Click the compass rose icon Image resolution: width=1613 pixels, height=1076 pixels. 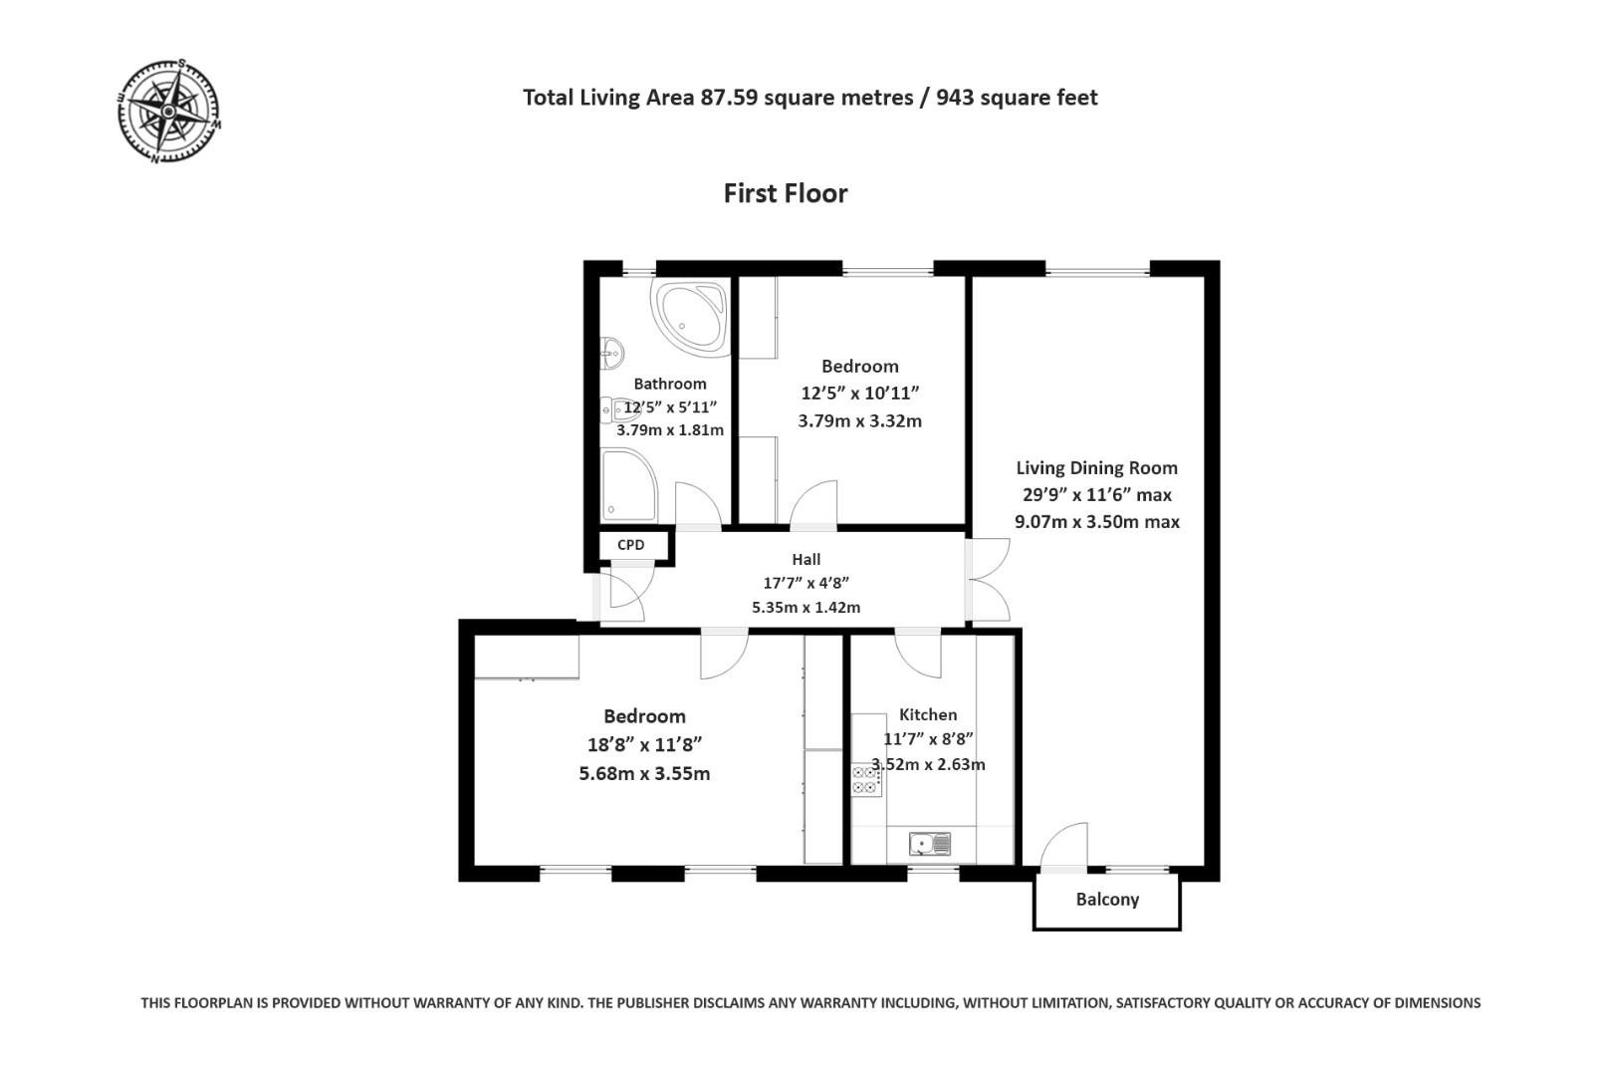click(x=168, y=110)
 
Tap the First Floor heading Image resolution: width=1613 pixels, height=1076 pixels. click(x=785, y=193)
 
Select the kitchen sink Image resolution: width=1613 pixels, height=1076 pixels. click(x=929, y=845)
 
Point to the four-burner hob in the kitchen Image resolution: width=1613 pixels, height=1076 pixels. click(x=864, y=779)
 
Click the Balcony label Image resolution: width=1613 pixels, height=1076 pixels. click(x=1107, y=900)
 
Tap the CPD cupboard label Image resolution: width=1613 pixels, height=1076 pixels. click(x=631, y=545)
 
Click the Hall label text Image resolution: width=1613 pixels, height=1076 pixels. click(x=806, y=560)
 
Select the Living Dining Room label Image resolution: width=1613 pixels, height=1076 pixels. click(x=1096, y=468)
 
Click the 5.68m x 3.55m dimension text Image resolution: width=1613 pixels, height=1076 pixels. click(x=644, y=774)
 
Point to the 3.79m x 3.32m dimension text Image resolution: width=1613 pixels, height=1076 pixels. click(x=859, y=421)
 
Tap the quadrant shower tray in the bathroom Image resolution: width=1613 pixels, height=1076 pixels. click(x=627, y=484)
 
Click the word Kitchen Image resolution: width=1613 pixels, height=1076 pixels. click(x=927, y=715)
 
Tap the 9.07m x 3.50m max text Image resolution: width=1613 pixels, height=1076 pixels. click(x=1096, y=522)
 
